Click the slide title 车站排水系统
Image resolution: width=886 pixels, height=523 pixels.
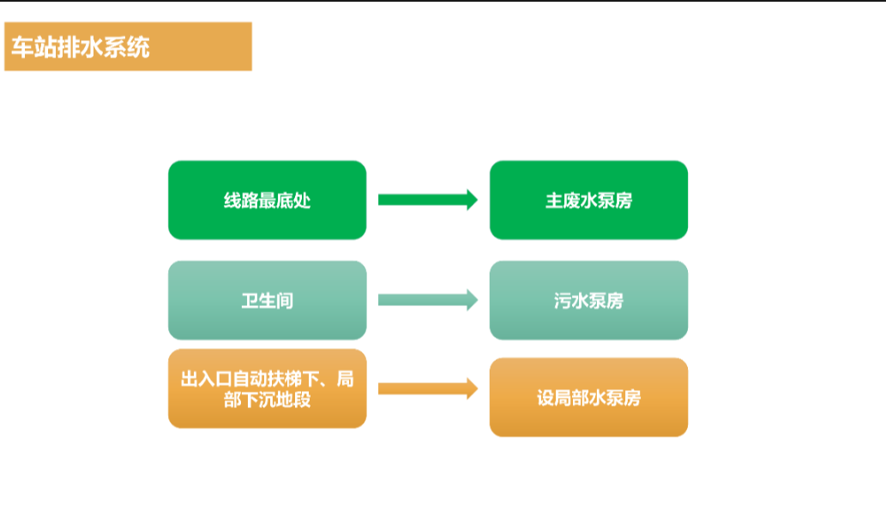tap(81, 47)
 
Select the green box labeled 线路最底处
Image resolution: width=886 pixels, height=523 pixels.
tap(267, 200)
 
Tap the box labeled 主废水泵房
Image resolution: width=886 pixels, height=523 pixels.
tap(588, 200)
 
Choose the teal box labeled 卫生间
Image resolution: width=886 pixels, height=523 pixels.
tap(267, 300)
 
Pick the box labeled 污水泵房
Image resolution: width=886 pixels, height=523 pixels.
tap(588, 300)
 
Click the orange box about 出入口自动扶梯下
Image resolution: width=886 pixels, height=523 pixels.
tap(267, 388)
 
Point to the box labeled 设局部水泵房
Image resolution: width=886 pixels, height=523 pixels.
tap(588, 397)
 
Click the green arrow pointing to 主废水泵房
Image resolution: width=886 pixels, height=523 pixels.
tap(427, 200)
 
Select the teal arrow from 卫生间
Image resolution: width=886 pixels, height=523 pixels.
tap(427, 300)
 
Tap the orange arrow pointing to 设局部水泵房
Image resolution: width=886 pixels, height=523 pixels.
tap(427, 388)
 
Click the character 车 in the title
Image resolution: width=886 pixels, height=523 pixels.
tap(21, 47)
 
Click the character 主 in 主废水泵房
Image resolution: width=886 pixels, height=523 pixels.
tap(554, 201)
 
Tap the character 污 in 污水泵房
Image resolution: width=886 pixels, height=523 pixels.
tap(563, 301)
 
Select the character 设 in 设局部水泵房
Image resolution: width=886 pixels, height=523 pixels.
tap(545, 398)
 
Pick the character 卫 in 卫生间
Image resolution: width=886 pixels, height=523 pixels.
tap(250, 301)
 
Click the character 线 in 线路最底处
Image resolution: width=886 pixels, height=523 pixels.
tap(232, 201)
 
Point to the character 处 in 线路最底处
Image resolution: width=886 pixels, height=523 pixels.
tap(301, 201)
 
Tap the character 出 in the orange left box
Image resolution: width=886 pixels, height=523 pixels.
tap(190, 379)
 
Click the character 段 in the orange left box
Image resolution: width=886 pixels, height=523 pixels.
tap(301, 400)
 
